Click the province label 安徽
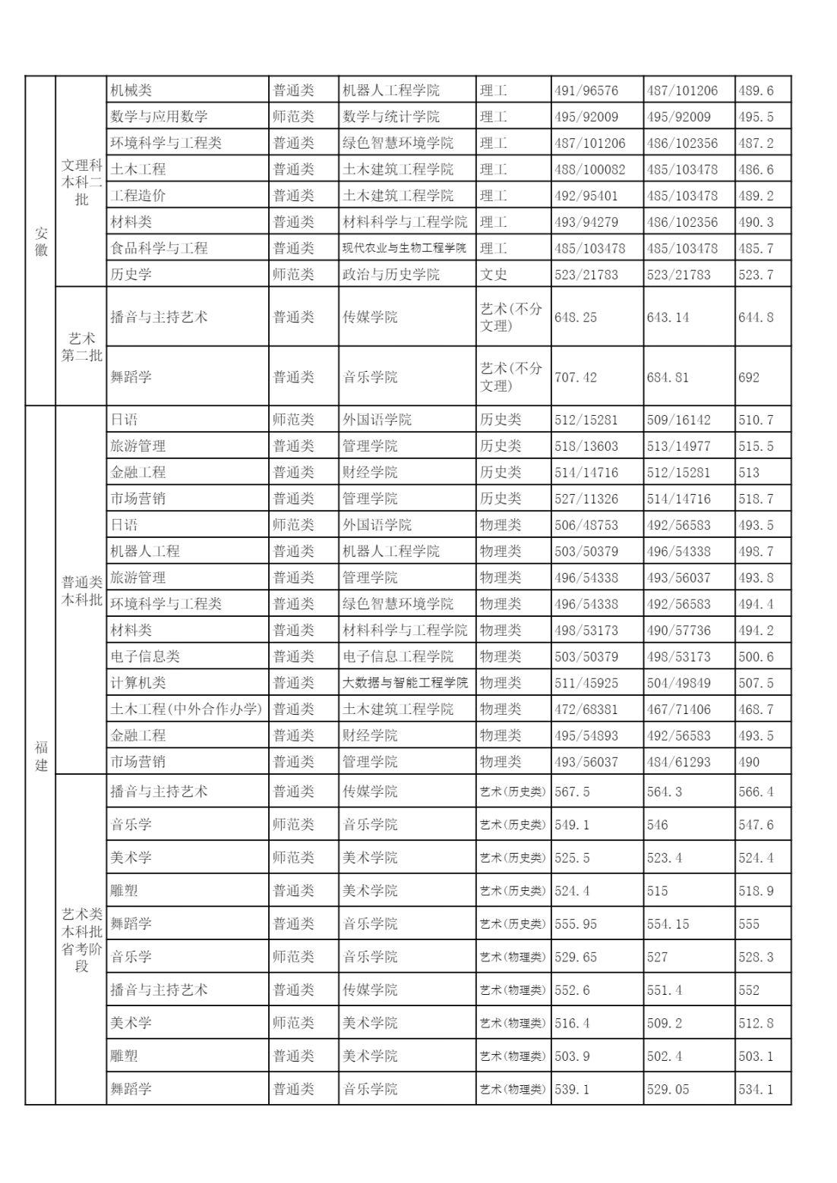(x=41, y=241)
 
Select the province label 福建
(x=41, y=755)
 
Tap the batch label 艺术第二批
(x=81, y=347)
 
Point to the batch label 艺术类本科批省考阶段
(x=81, y=939)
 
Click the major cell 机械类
(x=131, y=90)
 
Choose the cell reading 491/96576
(x=586, y=90)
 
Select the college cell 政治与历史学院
(x=391, y=274)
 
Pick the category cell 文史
(x=494, y=274)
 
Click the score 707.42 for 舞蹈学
(x=576, y=377)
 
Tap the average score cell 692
(x=749, y=377)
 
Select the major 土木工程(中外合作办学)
(x=186, y=709)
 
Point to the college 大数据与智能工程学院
(x=405, y=682)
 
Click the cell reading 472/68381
(x=586, y=709)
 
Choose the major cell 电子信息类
(x=145, y=656)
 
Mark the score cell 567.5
(x=572, y=791)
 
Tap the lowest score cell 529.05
(x=668, y=1089)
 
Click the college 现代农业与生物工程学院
(x=404, y=248)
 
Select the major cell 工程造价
(x=138, y=195)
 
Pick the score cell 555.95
(x=576, y=923)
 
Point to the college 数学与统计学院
(x=391, y=117)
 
